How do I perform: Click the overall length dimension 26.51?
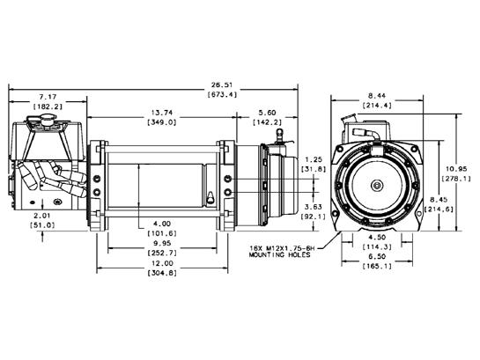click(223, 84)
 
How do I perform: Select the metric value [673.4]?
click(223, 94)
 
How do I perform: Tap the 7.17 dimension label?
click(48, 97)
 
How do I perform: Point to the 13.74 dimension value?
click(162, 113)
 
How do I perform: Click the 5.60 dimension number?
click(267, 113)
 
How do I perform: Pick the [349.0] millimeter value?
click(162, 122)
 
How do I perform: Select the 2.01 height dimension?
click(42, 216)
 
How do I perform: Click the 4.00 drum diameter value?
click(162, 224)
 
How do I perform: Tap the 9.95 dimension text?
click(162, 244)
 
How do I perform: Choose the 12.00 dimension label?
click(162, 263)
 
